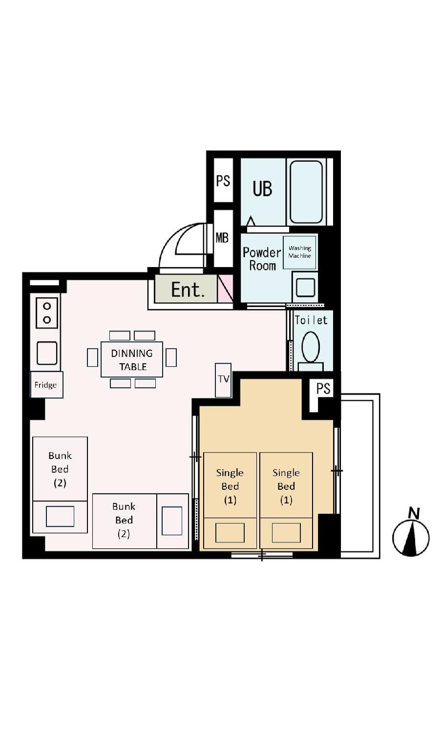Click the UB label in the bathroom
tap(262, 188)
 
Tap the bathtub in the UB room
tap(306, 192)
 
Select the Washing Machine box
tap(299, 252)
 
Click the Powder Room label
tap(262, 259)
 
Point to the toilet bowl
tap(311, 347)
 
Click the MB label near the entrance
tap(222, 238)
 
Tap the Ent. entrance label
tap(188, 290)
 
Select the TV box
tap(223, 380)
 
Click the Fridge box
tap(46, 385)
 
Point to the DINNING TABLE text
tap(132, 360)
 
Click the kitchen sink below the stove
tap(46, 353)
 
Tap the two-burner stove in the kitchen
tap(47, 312)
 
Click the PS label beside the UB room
tap(223, 181)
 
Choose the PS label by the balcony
tap(323, 388)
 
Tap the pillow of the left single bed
tap(230, 532)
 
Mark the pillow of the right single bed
tap(286, 532)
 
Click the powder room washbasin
tap(305, 287)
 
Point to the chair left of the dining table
tap(92, 357)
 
